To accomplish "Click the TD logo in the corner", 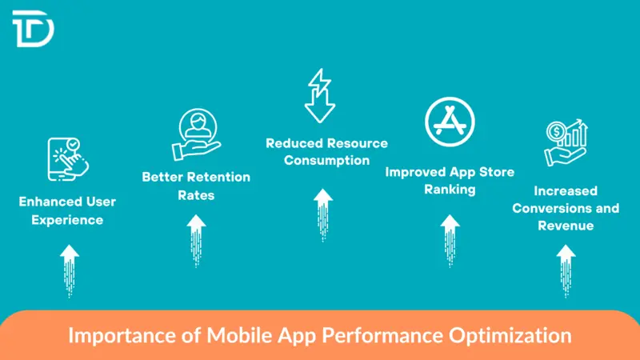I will [33, 30].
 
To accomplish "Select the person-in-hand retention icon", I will [195, 134].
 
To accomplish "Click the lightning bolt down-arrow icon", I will [319, 95].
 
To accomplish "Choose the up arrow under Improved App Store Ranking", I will [450, 238].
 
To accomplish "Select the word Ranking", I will [450, 190].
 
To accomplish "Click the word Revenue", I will [566, 226].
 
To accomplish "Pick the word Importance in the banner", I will [111, 334].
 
